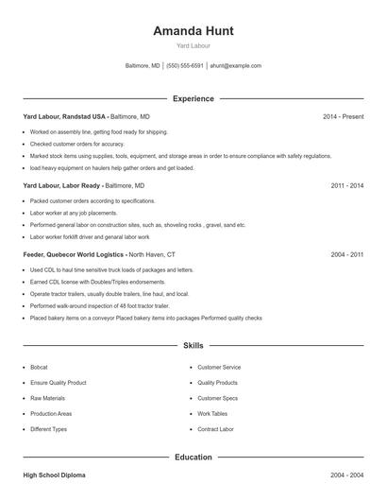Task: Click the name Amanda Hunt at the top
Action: coord(193,30)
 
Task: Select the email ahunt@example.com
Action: coord(235,66)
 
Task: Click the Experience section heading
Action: coord(193,98)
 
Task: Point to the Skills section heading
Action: coord(193,346)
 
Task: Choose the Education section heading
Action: coord(193,457)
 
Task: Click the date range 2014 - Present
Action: coord(343,116)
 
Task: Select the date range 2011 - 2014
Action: coord(346,185)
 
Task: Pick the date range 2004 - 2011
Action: coord(346,254)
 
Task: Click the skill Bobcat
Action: coord(39,367)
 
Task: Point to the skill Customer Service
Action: coord(219,367)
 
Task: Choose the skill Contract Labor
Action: coord(215,429)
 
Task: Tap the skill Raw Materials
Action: coord(46,398)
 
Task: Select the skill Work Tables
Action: coord(212,413)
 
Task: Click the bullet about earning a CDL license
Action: coord(86,282)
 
